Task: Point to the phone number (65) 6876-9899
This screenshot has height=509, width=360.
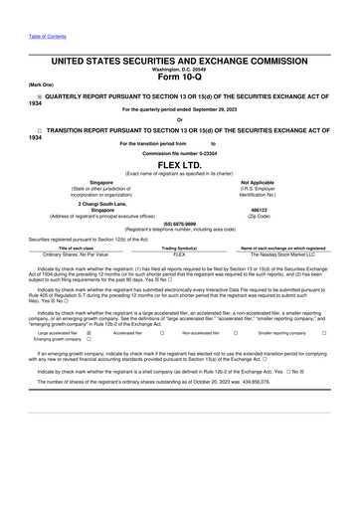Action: click(179, 224)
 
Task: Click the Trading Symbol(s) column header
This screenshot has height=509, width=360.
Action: click(179, 248)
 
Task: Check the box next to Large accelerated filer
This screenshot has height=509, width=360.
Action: click(90, 333)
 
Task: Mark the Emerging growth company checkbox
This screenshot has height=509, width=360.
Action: click(90, 340)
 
